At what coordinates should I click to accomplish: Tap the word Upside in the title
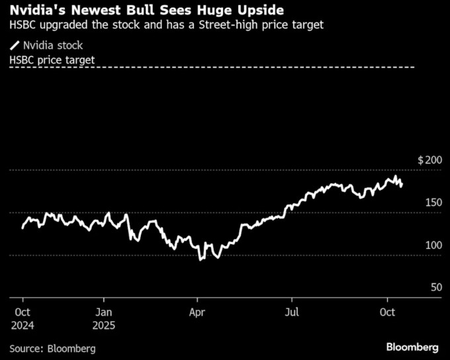[x=263, y=11]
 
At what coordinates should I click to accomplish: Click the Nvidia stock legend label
[x=53, y=46]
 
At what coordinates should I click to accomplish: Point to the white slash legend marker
[x=15, y=46]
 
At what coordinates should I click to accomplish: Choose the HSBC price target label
[x=52, y=60]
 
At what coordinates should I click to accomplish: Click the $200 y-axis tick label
[x=429, y=161]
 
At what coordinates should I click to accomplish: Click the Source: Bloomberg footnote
[x=52, y=347]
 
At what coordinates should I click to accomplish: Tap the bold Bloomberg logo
[x=412, y=347]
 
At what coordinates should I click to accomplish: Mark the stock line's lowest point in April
[x=201, y=259]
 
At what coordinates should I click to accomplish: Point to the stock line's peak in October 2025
[x=396, y=177]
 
